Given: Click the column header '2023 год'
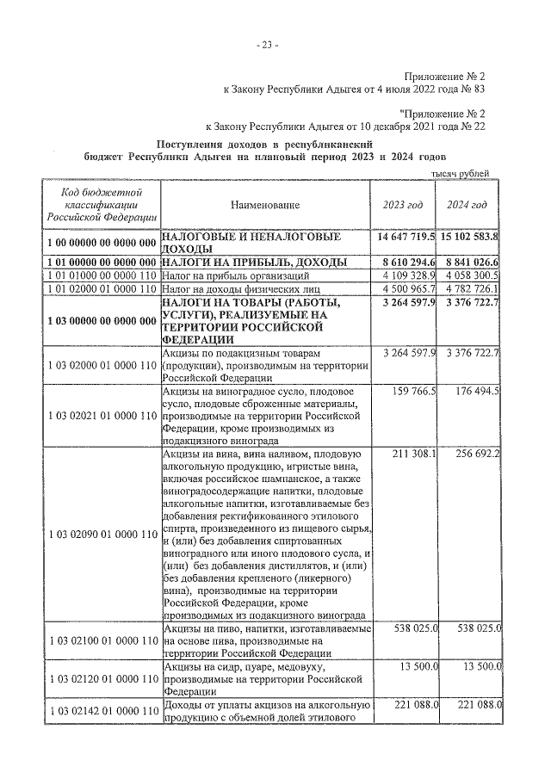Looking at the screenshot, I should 403,204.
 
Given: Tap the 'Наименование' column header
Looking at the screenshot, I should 265,204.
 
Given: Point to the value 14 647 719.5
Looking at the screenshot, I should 406,236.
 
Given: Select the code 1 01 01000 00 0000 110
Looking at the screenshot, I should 101,275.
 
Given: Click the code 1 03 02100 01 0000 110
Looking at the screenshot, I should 101,641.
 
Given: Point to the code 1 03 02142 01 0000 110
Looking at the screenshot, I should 101,710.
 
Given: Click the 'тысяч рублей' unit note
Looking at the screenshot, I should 460,173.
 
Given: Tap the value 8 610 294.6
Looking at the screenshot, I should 406,262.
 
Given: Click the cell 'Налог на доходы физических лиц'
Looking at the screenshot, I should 232,287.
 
